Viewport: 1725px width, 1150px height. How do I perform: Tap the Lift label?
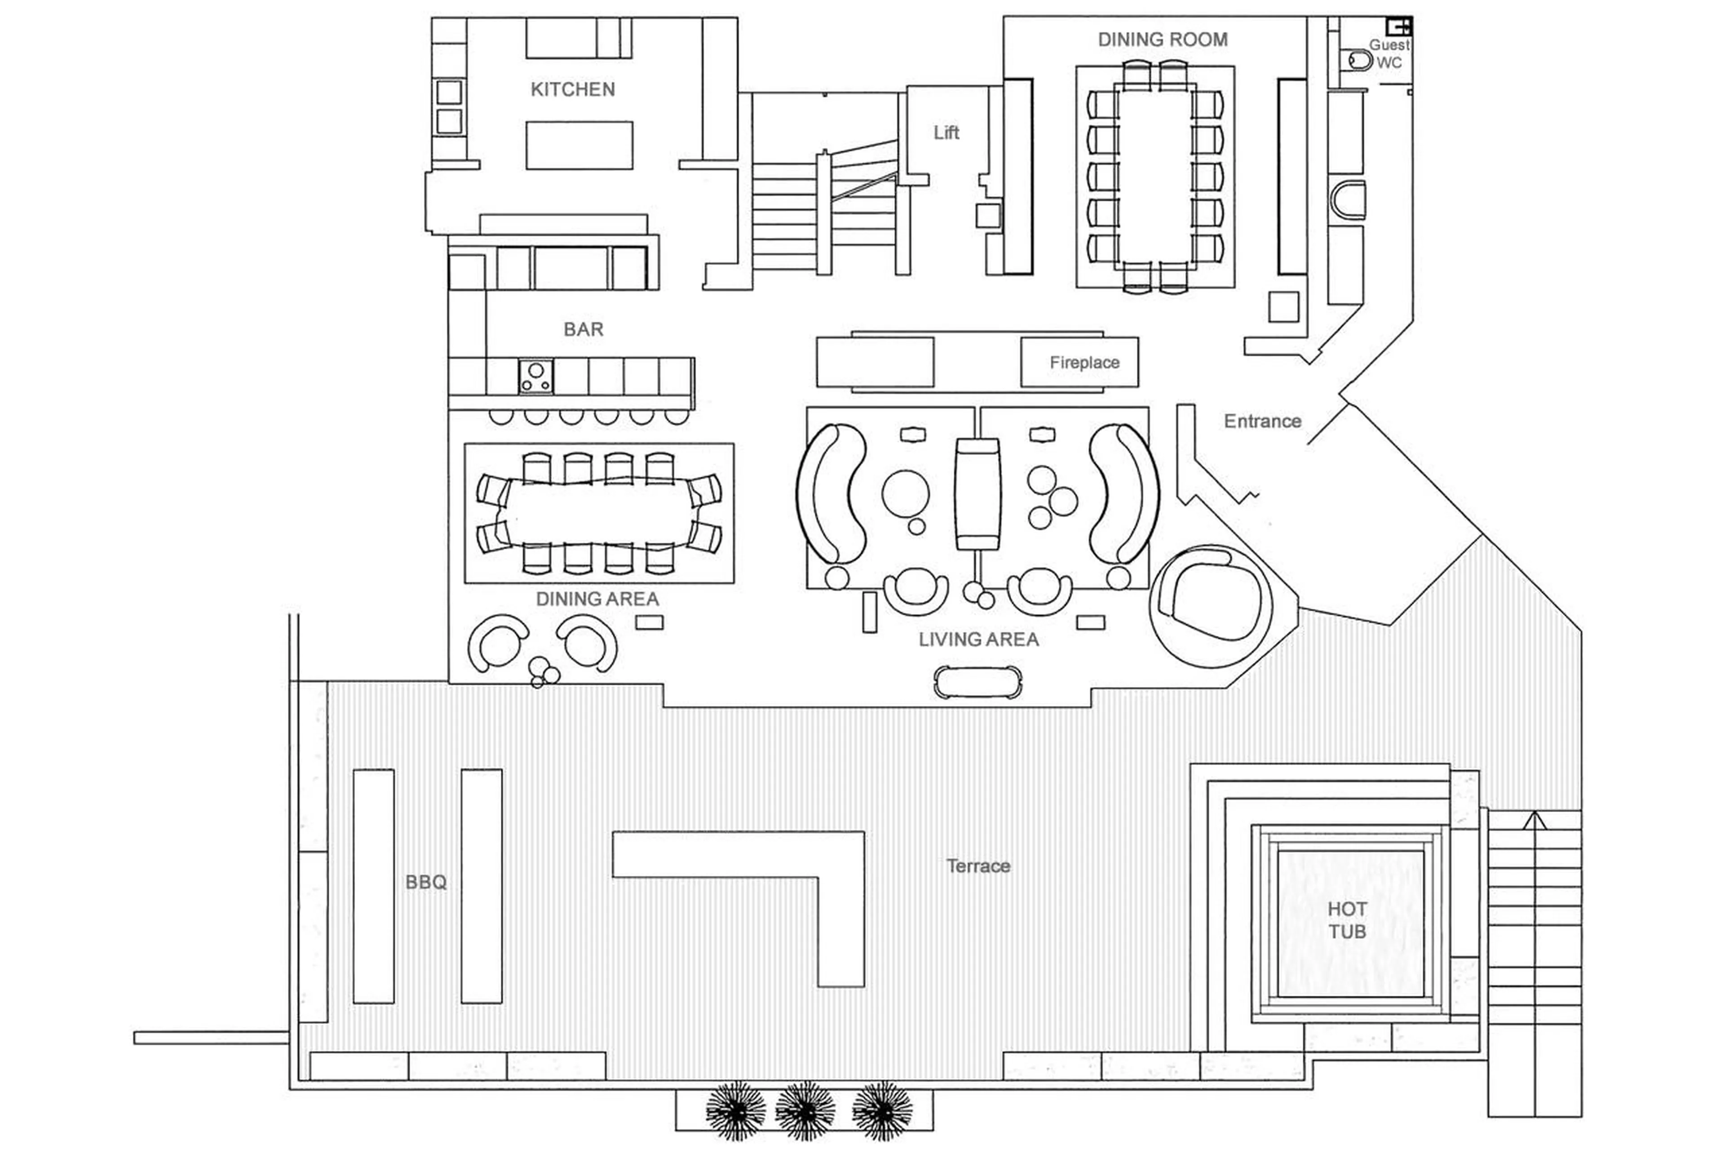pyautogui.click(x=945, y=133)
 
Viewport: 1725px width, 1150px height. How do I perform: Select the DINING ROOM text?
pyautogui.click(x=1162, y=40)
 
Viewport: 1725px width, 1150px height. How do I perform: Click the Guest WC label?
pyautogui.click(x=1388, y=53)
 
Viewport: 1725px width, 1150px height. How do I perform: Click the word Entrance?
pyautogui.click(x=1262, y=421)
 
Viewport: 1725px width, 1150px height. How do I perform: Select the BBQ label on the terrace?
pyautogui.click(x=425, y=882)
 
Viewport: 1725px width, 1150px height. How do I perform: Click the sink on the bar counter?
pyautogui.click(x=536, y=376)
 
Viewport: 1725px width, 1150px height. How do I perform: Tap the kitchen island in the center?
pyautogui.click(x=579, y=145)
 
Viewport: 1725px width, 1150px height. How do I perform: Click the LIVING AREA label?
pyautogui.click(x=978, y=639)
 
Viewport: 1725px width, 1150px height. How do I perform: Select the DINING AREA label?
pyautogui.click(x=597, y=599)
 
